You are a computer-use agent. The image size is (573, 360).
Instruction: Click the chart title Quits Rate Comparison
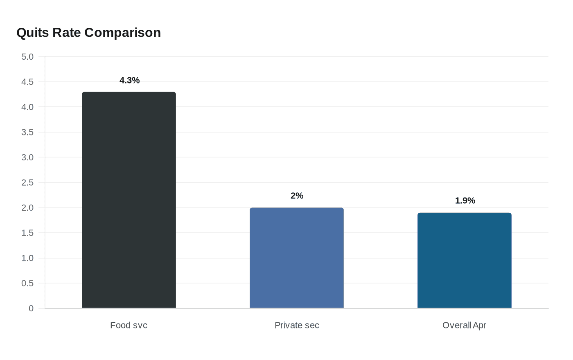(x=88, y=33)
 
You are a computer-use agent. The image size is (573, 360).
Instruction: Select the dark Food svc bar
(x=129, y=200)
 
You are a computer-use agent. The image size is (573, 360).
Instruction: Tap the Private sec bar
(x=297, y=258)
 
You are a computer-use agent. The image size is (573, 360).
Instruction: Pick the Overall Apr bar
(x=465, y=260)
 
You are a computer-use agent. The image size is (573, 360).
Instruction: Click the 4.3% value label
(x=129, y=80)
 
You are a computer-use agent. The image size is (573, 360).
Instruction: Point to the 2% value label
(x=297, y=196)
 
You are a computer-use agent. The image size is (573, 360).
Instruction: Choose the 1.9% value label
(x=465, y=200)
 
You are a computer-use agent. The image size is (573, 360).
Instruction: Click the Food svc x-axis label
(x=129, y=325)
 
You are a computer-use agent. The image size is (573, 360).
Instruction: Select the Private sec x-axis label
(x=297, y=325)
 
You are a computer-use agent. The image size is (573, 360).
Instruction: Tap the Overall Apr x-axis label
(x=464, y=325)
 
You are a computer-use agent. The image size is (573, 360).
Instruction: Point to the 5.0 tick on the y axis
(x=27, y=57)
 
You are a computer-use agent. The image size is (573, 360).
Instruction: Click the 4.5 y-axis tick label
(x=27, y=82)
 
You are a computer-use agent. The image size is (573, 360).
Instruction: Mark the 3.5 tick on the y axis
(x=27, y=132)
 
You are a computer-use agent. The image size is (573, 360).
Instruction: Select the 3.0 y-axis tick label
(x=27, y=157)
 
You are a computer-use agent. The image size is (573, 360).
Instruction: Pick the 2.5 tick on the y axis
(x=27, y=182)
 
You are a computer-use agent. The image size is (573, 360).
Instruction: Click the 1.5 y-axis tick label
(x=27, y=233)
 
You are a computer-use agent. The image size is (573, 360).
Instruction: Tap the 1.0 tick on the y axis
(x=27, y=258)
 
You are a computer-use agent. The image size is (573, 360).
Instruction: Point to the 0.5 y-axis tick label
(x=27, y=283)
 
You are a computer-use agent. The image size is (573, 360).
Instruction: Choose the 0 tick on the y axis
(x=31, y=308)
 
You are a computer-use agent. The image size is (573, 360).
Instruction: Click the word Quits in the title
(x=33, y=33)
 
